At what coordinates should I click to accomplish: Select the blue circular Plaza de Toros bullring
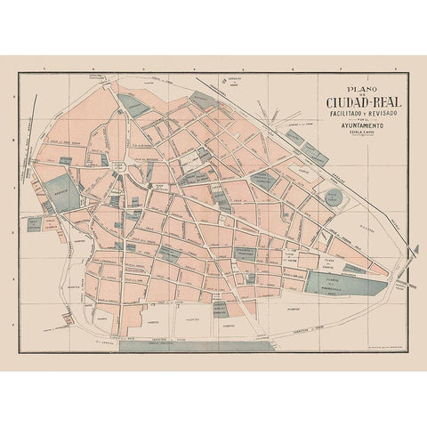337,196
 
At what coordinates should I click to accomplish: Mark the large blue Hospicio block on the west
61,192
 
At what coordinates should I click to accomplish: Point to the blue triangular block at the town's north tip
135,106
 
